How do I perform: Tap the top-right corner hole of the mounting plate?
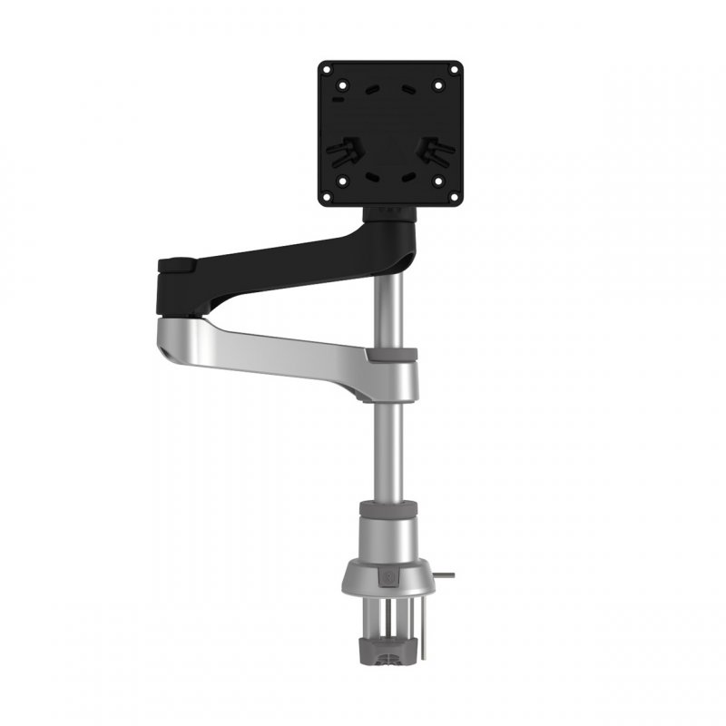[439, 86]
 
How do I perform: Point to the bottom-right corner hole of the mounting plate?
[439, 180]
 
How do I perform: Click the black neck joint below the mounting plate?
[391, 214]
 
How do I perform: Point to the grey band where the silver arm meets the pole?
[392, 354]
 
